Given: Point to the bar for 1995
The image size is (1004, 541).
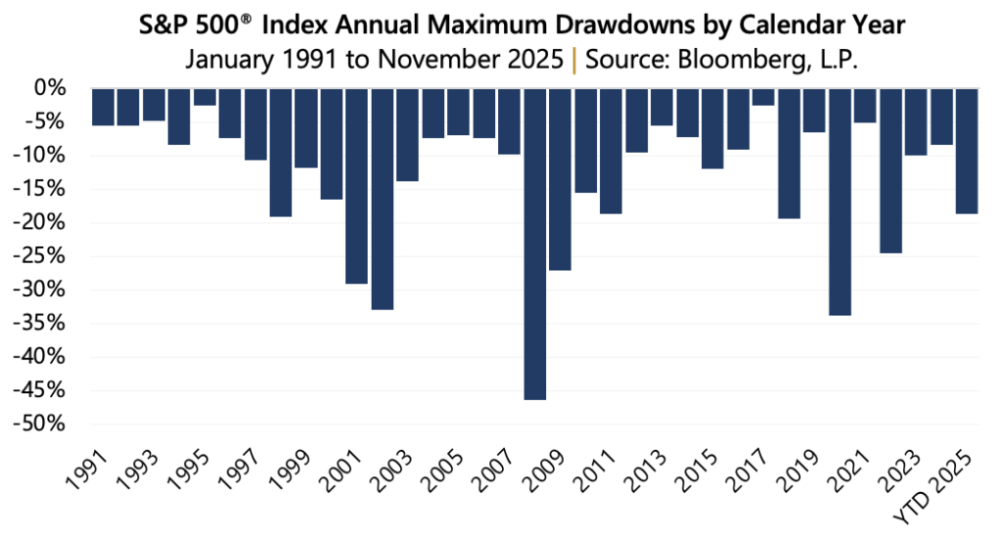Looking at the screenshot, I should [204, 97].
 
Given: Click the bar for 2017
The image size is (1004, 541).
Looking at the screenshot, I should [763, 97].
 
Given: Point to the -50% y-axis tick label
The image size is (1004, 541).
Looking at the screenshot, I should [44, 424].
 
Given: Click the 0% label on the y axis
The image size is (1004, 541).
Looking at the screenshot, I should [55, 89].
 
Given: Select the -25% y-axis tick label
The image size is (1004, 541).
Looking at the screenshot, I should [44, 257].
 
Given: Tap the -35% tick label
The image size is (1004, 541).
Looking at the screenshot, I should [44, 323].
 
